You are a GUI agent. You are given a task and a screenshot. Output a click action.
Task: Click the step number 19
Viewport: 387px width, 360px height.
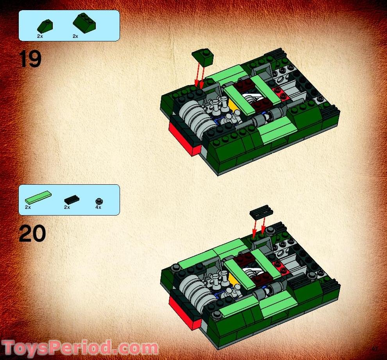click(30, 59)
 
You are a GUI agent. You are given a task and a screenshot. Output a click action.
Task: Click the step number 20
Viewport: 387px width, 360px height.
click(32, 233)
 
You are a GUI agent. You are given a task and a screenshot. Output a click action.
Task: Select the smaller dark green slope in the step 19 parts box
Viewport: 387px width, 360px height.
click(45, 26)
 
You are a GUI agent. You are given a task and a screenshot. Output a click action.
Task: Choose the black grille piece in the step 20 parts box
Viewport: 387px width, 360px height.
click(72, 200)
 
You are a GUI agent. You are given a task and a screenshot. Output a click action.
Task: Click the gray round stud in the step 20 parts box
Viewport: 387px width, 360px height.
click(99, 201)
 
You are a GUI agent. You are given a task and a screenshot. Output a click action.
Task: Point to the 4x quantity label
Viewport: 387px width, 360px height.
click(98, 208)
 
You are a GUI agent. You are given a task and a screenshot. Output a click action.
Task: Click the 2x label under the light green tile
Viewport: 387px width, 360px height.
click(28, 208)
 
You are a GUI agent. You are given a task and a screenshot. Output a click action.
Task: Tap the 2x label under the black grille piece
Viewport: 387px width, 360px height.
click(67, 208)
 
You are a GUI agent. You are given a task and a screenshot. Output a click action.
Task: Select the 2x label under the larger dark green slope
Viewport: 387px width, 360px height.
click(75, 36)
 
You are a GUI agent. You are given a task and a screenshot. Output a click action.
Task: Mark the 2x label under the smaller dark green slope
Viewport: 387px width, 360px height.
click(40, 36)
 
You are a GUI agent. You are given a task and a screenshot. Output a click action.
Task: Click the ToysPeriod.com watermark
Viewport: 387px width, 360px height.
click(80, 348)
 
